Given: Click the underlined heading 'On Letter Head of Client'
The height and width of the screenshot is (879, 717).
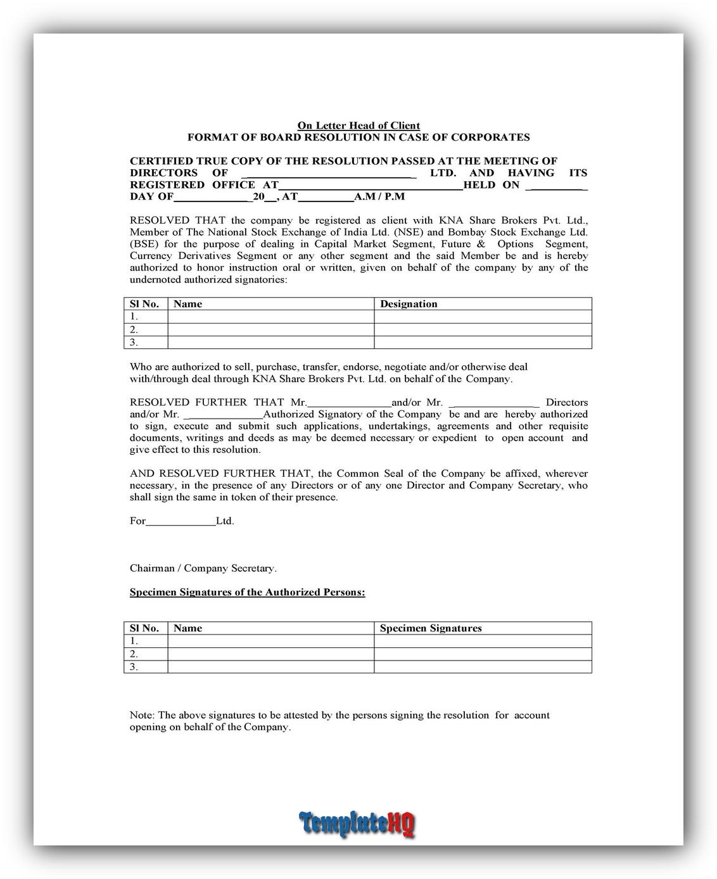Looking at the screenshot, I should click(x=358, y=125).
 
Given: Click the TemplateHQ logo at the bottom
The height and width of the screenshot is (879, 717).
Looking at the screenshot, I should click(x=358, y=824).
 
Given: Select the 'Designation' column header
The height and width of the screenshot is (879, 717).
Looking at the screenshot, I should click(x=409, y=304).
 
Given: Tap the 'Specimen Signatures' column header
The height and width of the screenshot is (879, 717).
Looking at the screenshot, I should click(x=431, y=628).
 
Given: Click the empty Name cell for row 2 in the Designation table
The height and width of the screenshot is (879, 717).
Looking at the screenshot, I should click(x=270, y=329).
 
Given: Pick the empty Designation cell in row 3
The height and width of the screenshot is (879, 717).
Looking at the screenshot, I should click(x=483, y=343).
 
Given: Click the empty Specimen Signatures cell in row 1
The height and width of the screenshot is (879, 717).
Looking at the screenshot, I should click(x=483, y=641).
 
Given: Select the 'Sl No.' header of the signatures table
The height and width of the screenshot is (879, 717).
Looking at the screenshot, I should click(x=144, y=628).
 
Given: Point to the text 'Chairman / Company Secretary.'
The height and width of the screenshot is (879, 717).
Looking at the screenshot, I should click(x=203, y=568).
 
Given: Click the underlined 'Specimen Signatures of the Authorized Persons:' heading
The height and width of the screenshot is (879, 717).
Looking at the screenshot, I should click(x=247, y=592).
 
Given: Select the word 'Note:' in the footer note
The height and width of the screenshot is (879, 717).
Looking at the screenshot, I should click(x=143, y=715).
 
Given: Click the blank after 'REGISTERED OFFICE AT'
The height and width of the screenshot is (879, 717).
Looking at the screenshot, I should click(x=371, y=186).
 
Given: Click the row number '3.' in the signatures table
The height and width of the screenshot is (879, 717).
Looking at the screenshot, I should click(x=134, y=667).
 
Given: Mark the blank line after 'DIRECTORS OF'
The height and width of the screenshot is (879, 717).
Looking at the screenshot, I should click(x=329, y=174).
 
